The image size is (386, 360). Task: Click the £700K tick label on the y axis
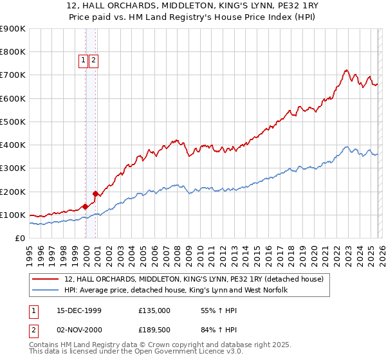tap(13, 75)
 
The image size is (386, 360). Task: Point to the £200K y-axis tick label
tap(13, 192)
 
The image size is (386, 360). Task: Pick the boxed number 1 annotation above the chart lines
tap(83, 60)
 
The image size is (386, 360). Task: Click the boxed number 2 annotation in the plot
tap(93, 60)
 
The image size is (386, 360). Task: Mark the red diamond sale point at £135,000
tap(86, 207)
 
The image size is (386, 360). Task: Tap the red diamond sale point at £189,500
tap(95, 194)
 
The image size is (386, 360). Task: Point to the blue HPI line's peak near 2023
tap(347, 147)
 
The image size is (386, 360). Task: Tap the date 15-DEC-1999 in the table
tap(78, 310)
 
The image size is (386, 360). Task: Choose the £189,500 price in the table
tap(154, 330)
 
